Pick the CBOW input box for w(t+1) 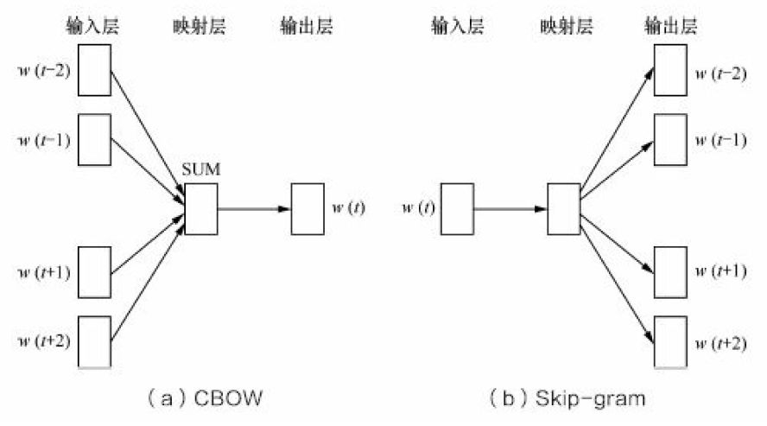(96, 272)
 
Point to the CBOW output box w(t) (307, 208)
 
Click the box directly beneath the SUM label (201, 208)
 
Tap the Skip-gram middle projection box (564, 208)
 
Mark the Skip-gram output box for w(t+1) (670, 272)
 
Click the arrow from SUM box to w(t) (254, 208)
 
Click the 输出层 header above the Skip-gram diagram (670, 25)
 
